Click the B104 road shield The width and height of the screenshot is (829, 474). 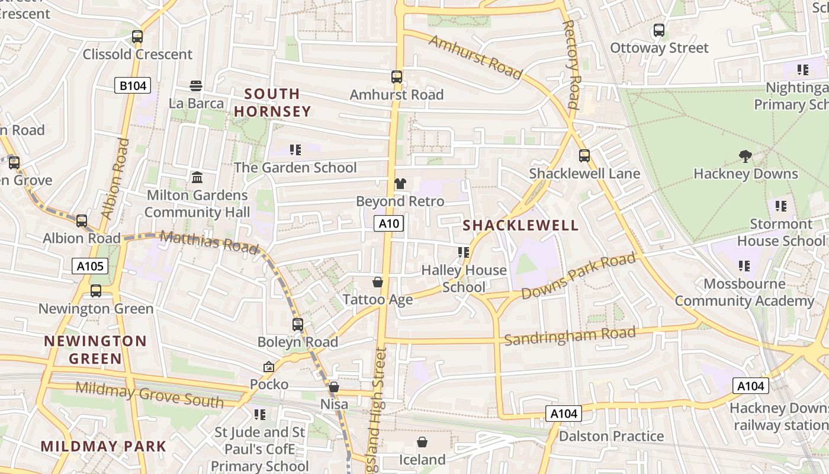pos(133,86)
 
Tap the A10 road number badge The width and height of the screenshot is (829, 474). pos(388,223)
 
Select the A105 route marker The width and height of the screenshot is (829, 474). pos(91,266)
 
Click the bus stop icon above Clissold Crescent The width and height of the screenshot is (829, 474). pos(137,37)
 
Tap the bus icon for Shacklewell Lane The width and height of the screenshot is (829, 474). pos(584,156)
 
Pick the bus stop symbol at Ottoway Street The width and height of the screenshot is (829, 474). pos(659,30)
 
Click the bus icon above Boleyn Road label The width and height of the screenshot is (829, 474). pos(298,325)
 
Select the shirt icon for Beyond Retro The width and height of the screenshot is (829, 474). pos(400,184)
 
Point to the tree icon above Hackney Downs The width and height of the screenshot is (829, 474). pos(746,156)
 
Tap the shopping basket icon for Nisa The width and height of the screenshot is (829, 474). pos(334,387)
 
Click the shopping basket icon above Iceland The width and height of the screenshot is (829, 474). pos(422,442)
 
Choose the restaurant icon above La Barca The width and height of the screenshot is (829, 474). pos(196,86)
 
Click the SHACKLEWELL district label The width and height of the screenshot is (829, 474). pos(520,226)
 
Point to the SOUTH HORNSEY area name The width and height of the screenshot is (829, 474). pos(272,103)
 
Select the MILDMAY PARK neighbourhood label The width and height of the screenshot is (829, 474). pos(104,446)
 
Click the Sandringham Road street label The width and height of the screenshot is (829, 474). pos(570,336)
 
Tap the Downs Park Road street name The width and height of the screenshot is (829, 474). pos(579,276)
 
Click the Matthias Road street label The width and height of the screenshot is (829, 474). pos(209,242)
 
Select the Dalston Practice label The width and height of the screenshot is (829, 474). pos(612,437)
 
